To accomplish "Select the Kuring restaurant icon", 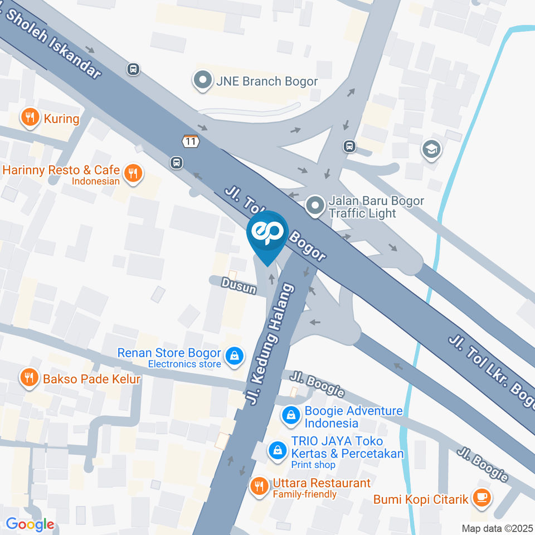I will (30, 118).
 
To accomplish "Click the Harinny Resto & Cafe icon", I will (132, 173).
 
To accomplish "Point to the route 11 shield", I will (191, 141).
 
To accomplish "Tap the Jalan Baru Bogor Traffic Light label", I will (368, 207).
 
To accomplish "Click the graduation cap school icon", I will (432, 149).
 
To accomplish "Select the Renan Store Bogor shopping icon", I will (235, 354).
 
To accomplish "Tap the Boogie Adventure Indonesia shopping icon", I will (290, 415).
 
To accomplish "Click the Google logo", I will (30, 524).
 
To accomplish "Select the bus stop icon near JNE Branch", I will (133, 69).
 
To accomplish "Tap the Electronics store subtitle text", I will (184, 364).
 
